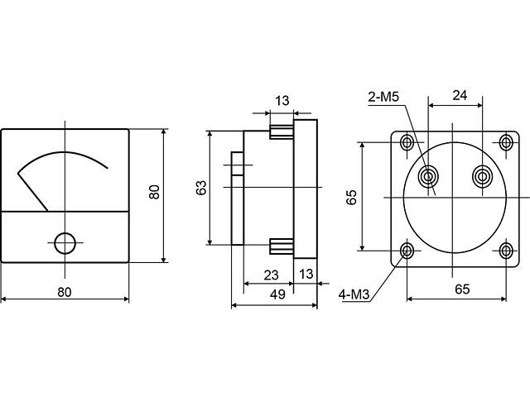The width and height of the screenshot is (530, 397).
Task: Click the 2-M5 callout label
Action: (383, 98)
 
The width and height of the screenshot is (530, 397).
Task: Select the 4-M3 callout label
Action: (354, 293)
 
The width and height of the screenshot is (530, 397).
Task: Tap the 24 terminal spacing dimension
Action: (455, 95)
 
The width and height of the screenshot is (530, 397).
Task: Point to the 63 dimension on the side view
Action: (201, 188)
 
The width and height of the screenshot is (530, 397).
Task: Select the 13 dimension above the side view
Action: (282, 101)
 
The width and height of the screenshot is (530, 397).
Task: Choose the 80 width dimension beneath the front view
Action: (65, 291)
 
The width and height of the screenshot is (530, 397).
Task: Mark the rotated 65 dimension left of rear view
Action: (351, 197)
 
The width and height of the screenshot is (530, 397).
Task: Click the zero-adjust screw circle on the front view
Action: (65, 242)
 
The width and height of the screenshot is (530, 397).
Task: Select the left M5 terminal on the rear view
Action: (429, 176)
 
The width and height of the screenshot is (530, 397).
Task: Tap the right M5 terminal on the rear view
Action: (481, 176)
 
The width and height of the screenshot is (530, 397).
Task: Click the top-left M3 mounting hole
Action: (407, 142)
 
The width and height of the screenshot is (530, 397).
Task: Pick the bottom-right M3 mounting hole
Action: (506, 251)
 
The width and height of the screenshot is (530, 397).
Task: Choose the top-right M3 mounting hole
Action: (506, 142)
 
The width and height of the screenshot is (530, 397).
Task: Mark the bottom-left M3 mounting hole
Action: (407, 251)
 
